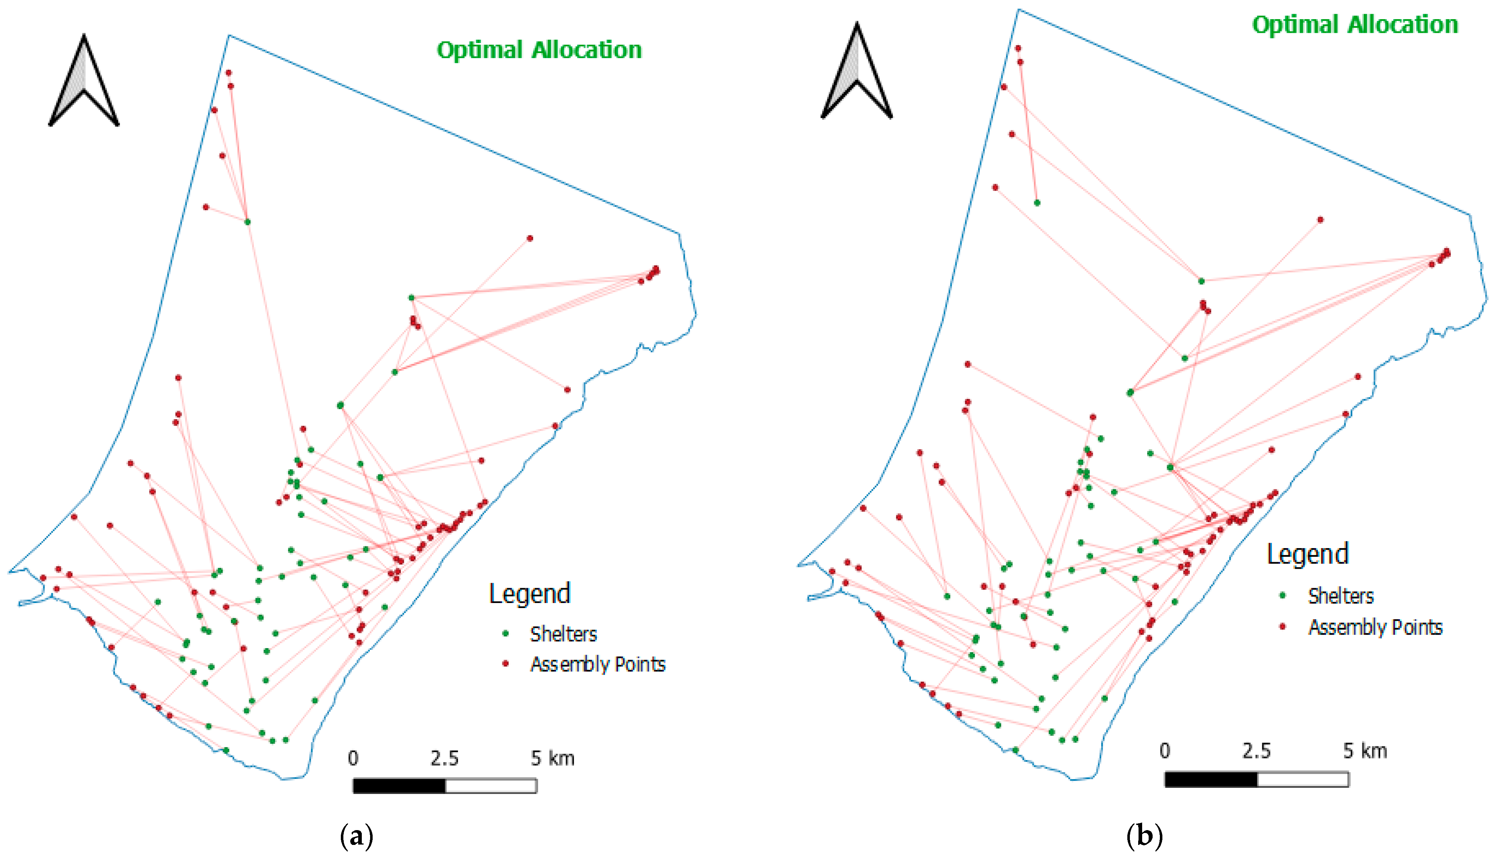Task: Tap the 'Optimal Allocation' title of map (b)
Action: tap(1355, 25)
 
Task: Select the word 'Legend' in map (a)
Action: tap(530, 594)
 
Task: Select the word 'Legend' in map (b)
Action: tap(1308, 554)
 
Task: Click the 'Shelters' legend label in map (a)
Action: tap(563, 634)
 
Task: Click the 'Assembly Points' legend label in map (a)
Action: tap(597, 665)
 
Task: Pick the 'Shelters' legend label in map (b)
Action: tap(1341, 596)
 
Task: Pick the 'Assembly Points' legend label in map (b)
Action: tap(1375, 627)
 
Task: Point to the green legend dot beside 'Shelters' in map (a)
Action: tap(505, 634)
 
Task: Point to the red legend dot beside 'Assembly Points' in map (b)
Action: tap(1282, 626)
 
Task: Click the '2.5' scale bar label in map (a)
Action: tap(444, 759)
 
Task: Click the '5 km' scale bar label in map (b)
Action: tap(1365, 751)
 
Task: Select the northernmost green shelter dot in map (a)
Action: tap(247, 222)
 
